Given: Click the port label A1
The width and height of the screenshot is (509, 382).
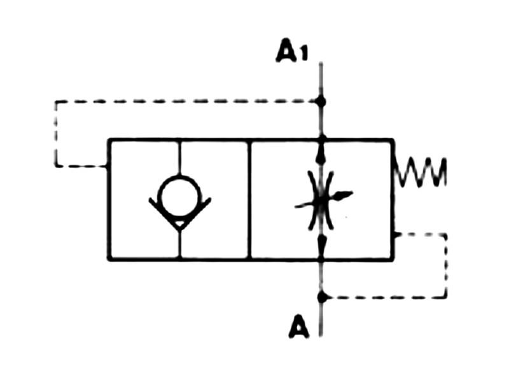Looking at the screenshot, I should pyautogui.click(x=292, y=52).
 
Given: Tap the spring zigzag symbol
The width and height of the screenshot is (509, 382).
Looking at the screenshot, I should pyautogui.click(x=421, y=173).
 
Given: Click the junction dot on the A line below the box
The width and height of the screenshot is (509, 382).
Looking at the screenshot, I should pyautogui.click(x=322, y=297).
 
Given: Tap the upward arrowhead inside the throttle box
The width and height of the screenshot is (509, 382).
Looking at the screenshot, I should pyautogui.click(x=321, y=153).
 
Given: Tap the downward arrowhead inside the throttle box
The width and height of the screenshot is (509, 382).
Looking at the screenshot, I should pyautogui.click(x=322, y=243).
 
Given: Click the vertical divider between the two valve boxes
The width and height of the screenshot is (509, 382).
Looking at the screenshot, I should pyautogui.click(x=249, y=199).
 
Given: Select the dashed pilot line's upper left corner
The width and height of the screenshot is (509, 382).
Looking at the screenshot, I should pyautogui.click(x=56, y=102).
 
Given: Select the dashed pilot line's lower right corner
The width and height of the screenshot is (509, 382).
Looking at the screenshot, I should pyautogui.click(x=445, y=297).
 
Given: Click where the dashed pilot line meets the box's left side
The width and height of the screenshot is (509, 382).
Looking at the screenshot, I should pyautogui.click(x=108, y=166).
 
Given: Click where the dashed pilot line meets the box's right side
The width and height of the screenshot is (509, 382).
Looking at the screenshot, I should pyautogui.click(x=394, y=234).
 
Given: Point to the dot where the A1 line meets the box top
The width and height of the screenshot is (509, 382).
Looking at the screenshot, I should pyautogui.click(x=321, y=138).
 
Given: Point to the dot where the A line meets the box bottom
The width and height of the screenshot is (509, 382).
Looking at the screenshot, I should pyautogui.click(x=322, y=258).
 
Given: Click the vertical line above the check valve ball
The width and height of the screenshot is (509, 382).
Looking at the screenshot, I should pyautogui.click(x=180, y=157).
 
